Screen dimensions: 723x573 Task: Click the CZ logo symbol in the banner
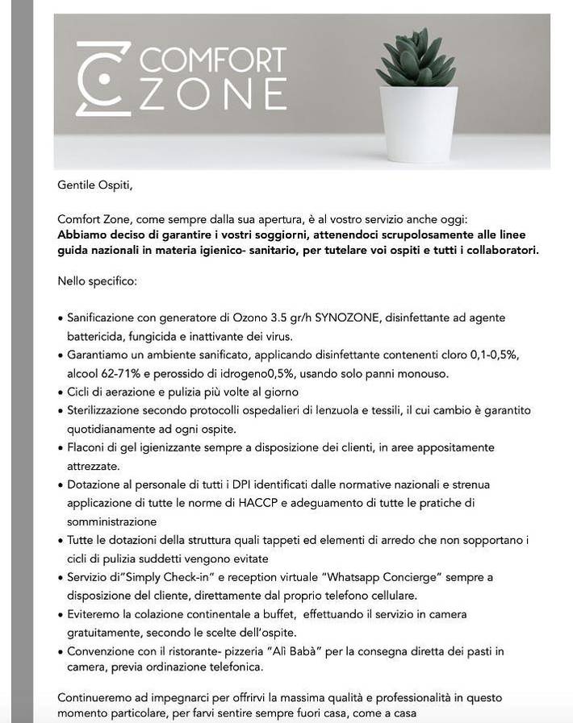(102, 78)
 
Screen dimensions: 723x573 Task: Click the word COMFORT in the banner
(213, 61)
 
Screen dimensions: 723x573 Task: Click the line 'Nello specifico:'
(98, 281)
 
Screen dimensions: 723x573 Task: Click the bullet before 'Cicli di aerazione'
(61, 393)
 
